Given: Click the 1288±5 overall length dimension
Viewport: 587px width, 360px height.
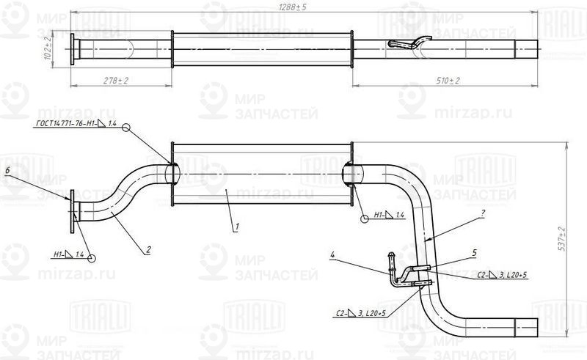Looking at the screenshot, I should pos(297,7).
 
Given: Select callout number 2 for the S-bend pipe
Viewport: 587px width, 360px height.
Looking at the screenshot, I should pos(148,250).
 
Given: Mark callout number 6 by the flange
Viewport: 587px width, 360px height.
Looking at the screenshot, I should pos(7,170).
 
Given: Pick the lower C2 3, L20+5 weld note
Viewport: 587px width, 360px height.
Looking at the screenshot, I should pos(360,313).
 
